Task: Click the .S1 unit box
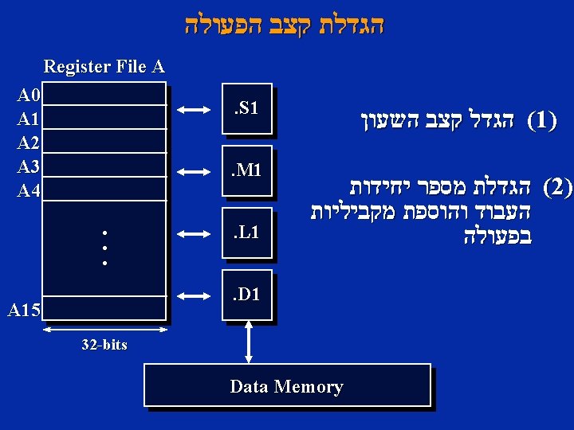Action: [247, 108]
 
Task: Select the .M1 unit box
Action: [247, 170]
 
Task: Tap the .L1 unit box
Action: [247, 233]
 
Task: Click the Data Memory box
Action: [287, 387]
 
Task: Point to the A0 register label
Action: [29, 96]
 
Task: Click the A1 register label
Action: [29, 120]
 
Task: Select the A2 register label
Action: [29, 143]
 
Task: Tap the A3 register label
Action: [29, 166]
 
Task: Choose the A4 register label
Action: [29, 191]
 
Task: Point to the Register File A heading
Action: [104, 66]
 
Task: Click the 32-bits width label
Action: [104, 346]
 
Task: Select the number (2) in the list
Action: [557, 188]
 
